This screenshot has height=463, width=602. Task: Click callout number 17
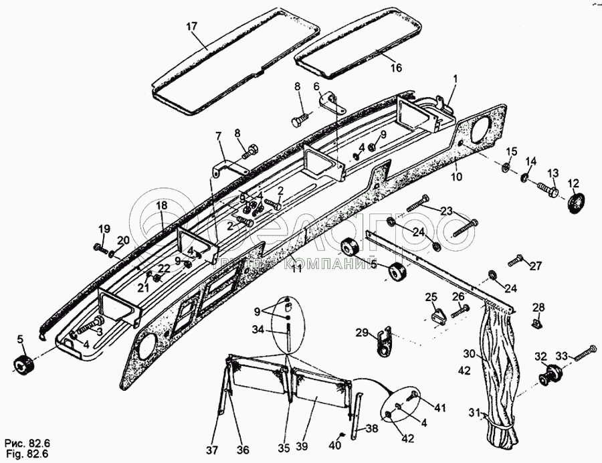(x=192, y=27)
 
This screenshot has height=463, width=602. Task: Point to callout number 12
(x=574, y=183)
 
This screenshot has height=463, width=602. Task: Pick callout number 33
(x=562, y=357)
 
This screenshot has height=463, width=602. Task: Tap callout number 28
(x=538, y=307)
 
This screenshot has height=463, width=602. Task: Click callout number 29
(x=362, y=333)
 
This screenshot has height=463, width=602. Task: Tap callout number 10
(x=456, y=177)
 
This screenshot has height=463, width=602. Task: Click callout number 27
(x=535, y=266)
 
